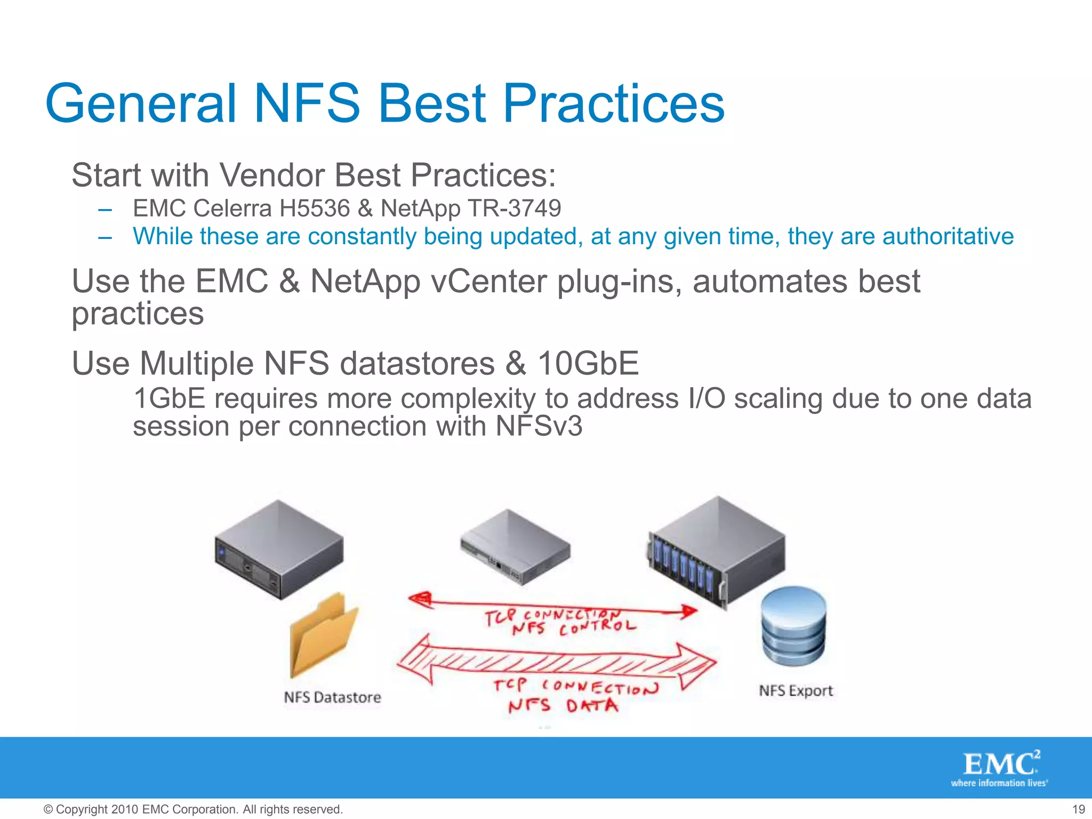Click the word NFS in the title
tap(307, 104)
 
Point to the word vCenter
tap(488, 282)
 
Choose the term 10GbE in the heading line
tap(588, 364)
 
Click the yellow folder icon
tap(323, 635)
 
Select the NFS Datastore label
tap(332, 697)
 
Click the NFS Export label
tap(796, 691)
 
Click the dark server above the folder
tap(279, 549)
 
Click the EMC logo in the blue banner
tap(1000, 768)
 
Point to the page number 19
tap(1078, 809)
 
